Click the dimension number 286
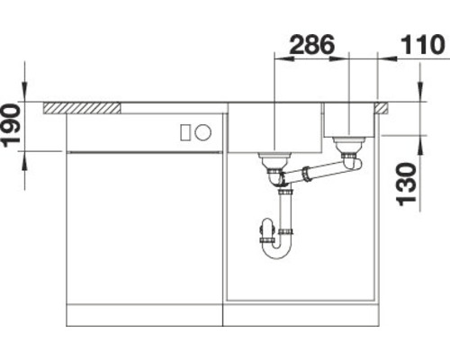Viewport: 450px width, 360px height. [x=311, y=43]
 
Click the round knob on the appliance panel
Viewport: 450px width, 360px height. [x=203, y=132]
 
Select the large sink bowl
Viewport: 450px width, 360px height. [x=274, y=126]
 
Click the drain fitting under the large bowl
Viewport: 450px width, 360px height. [x=273, y=163]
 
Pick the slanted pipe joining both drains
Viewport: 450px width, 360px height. [x=315, y=171]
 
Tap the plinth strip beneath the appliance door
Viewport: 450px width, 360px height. [x=143, y=315]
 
